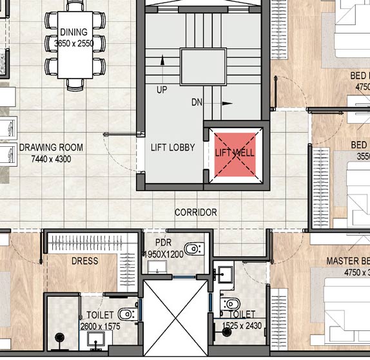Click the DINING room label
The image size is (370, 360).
tap(73, 32)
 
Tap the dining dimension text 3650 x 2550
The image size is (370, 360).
tap(73, 43)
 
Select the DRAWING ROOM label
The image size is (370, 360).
tap(51, 147)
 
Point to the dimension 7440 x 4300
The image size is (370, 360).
tap(51, 158)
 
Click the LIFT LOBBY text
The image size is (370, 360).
tap(172, 147)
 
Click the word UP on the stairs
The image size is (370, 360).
tap(161, 90)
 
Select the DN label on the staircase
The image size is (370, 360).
tap(197, 102)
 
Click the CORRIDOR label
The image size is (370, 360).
tap(195, 212)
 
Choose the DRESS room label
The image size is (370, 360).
tap(84, 261)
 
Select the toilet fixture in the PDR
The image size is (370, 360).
tap(193, 249)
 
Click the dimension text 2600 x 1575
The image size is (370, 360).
tap(99, 327)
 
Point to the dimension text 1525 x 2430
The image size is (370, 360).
tap(242, 326)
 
